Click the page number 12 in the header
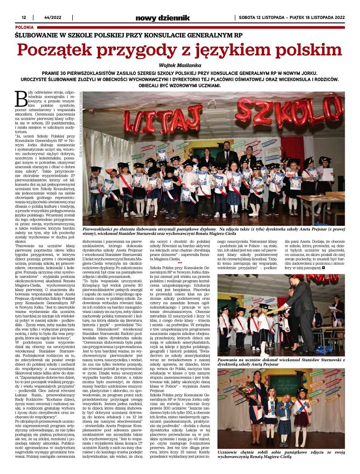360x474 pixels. coord(24,18)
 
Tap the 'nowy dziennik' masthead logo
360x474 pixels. coord(162,18)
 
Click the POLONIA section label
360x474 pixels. coord(24,27)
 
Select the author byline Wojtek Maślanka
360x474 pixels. coord(179,65)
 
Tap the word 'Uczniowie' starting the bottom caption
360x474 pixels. coord(231,450)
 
